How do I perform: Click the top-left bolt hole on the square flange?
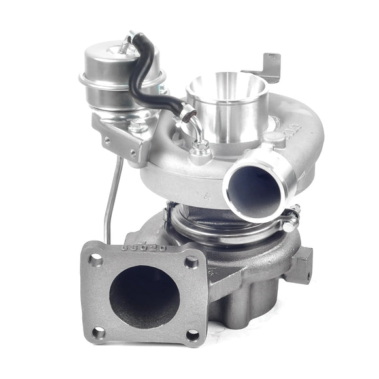click(x=97, y=259)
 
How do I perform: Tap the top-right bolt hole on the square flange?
click(x=191, y=262)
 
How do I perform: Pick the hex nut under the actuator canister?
click(x=137, y=124)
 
